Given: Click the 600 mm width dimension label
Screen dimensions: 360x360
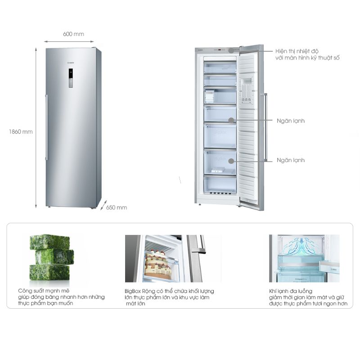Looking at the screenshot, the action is point(73,34).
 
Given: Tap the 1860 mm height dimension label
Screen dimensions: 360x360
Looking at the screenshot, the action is point(21,132).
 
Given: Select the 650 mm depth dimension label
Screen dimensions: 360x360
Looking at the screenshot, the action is point(117,207).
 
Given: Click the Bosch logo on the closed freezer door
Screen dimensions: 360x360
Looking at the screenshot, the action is point(71,63).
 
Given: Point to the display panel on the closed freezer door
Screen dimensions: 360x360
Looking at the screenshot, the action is point(71,78).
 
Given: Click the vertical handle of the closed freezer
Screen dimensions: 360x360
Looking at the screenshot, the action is point(47,127).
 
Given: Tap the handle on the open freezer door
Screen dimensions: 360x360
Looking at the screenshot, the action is point(265,127).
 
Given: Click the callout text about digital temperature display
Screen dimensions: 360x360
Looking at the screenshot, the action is point(307,54).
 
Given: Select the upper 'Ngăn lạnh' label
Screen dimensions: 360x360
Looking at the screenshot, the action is point(291,121).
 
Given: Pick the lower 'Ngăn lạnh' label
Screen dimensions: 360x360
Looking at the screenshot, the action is point(291,160).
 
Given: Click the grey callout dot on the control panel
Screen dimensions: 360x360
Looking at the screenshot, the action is point(231,50).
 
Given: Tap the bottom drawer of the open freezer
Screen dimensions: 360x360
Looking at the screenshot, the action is point(220,185).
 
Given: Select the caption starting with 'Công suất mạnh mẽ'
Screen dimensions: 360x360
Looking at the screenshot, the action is point(61,297).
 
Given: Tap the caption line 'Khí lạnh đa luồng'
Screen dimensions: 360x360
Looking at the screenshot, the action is point(290,291).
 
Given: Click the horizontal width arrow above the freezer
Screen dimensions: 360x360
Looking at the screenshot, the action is point(69,41).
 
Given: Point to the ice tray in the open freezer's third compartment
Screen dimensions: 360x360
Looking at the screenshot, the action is point(209,96).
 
